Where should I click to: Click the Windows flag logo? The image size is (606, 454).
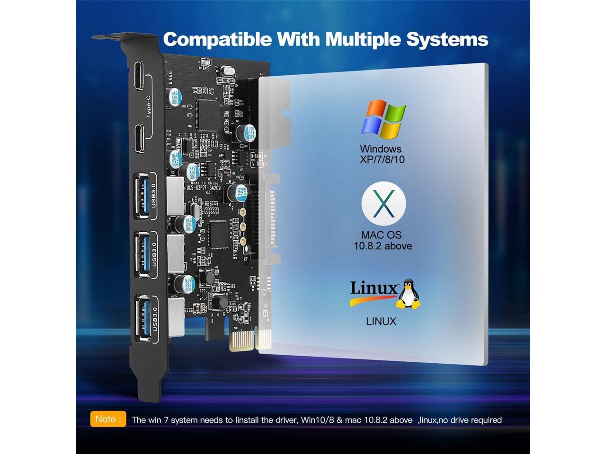point(383,119)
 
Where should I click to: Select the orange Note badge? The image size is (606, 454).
point(108,419)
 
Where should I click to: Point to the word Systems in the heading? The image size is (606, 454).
point(447,39)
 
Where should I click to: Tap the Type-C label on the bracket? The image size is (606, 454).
point(148,106)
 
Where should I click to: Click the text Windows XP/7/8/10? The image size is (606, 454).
point(382,154)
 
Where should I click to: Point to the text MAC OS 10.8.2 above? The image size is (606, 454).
point(383,240)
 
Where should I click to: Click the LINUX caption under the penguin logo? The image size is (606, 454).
point(381,322)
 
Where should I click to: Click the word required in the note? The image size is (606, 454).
point(485,420)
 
